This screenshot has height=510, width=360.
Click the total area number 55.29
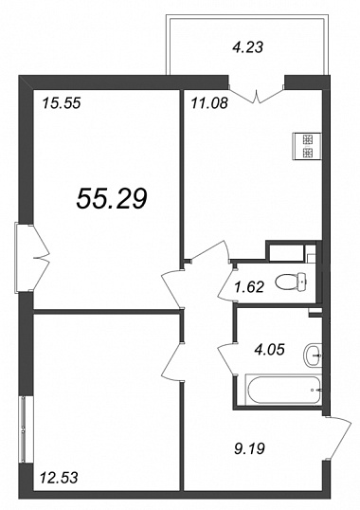112,198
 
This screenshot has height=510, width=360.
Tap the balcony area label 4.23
247,47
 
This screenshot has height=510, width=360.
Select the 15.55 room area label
61,103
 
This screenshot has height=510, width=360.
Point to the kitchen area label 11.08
209,103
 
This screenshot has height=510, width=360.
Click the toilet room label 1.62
250,287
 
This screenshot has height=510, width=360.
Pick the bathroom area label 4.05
270,350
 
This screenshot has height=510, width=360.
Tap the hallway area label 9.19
250,449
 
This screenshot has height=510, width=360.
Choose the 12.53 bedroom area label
59,478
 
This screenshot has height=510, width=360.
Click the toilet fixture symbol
291,281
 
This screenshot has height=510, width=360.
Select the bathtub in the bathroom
281,389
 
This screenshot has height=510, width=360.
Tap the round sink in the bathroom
313,355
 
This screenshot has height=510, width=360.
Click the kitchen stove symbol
307,147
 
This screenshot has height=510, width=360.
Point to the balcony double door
257,95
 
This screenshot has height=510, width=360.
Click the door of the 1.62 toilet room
226,283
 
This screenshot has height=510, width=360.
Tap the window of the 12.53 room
24,429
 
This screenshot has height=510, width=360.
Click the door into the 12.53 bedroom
171,360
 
